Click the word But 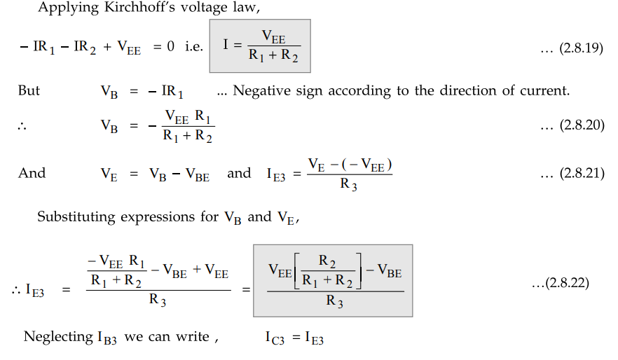pyautogui.click(x=29, y=90)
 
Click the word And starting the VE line pyautogui.click(x=32, y=173)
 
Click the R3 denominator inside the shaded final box pyautogui.click(x=336, y=303)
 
